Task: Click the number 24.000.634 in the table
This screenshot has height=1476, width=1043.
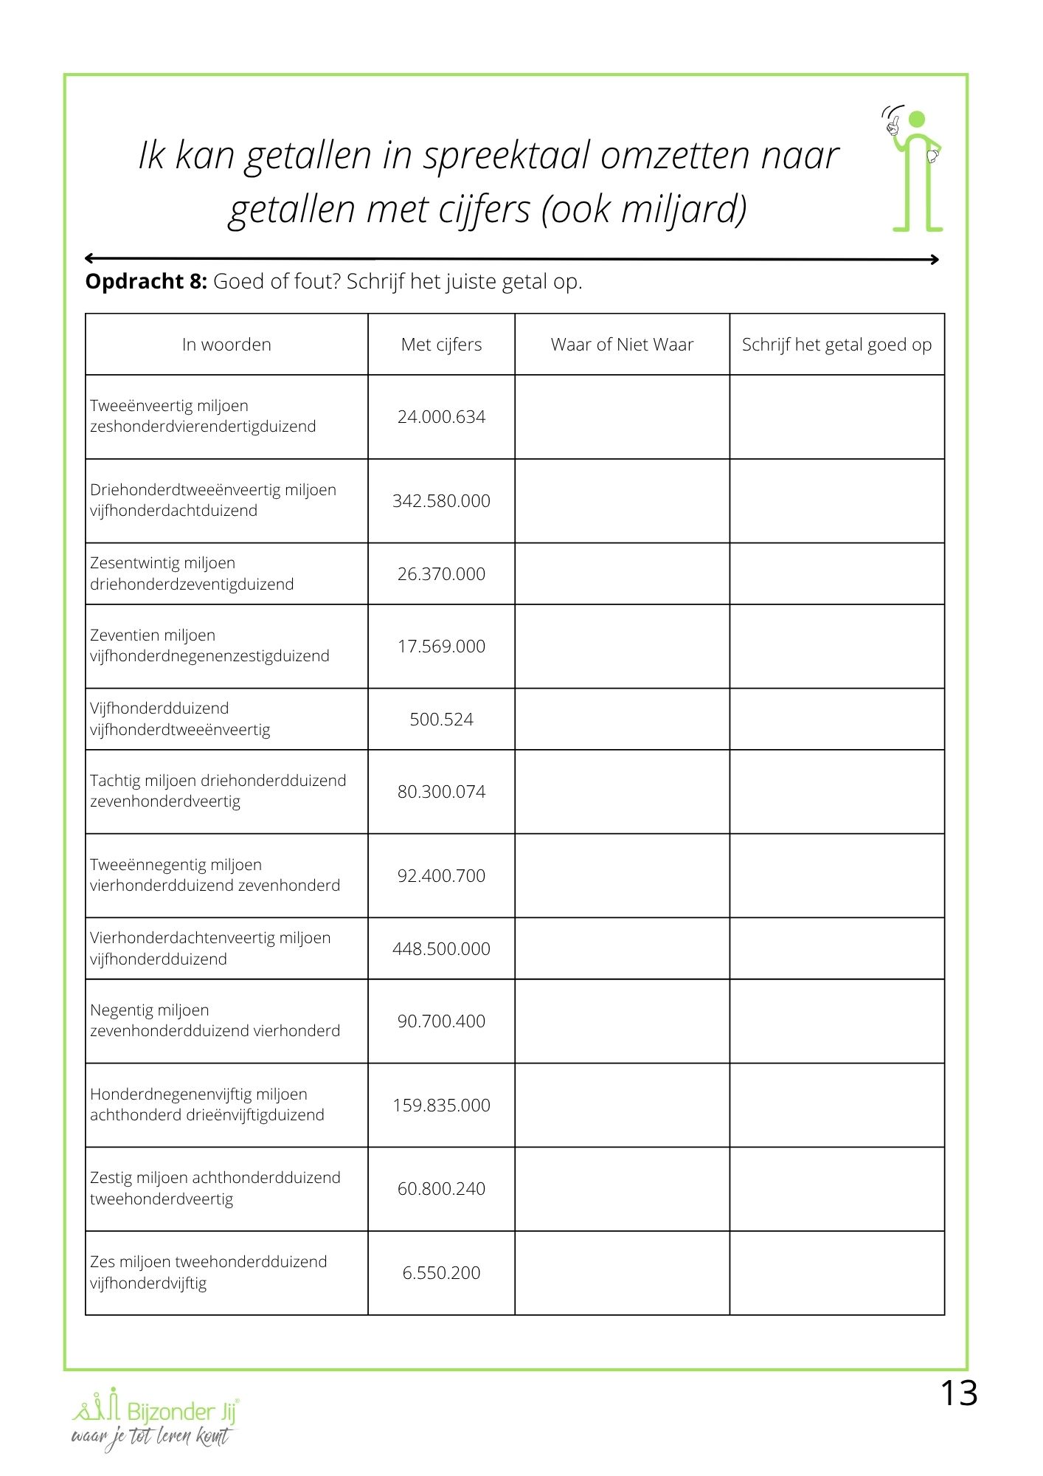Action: tap(441, 417)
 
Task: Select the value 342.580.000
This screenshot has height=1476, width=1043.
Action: tap(441, 501)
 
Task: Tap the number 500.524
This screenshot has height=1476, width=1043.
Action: tap(441, 720)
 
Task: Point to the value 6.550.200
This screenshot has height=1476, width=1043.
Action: tap(441, 1273)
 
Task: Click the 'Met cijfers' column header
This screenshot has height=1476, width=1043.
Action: tap(441, 345)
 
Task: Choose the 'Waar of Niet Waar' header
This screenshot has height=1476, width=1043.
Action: tap(622, 345)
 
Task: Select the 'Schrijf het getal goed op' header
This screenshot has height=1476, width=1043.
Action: tap(836, 345)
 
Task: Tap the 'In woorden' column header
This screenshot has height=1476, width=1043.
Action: tap(226, 345)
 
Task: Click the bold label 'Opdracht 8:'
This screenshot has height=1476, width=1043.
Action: tap(146, 282)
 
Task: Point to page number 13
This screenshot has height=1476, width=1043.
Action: tap(958, 1394)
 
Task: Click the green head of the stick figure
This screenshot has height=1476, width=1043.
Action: tap(917, 120)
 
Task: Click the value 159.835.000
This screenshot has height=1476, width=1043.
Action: tap(441, 1106)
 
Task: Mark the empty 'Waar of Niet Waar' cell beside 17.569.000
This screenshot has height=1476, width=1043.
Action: tap(622, 646)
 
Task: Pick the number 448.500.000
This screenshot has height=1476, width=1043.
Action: tap(441, 949)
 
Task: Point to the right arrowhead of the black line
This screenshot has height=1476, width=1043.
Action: tap(935, 259)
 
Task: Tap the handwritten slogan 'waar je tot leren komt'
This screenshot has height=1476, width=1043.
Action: tap(151, 1437)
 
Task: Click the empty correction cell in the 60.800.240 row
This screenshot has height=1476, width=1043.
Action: tap(836, 1189)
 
